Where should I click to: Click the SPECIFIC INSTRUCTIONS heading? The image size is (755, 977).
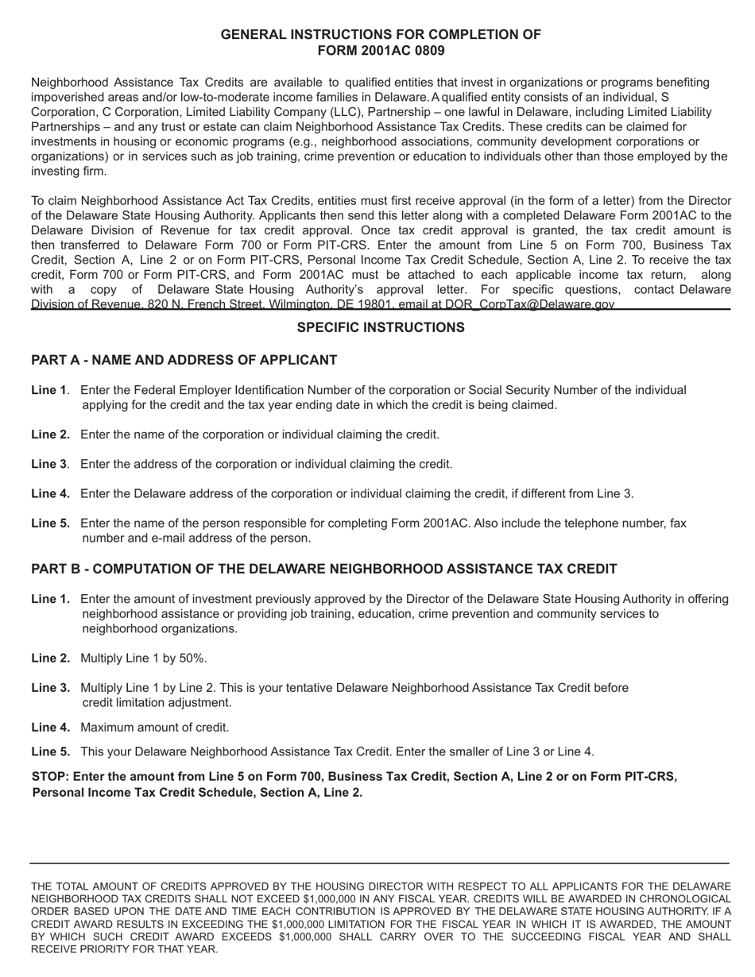point(381,327)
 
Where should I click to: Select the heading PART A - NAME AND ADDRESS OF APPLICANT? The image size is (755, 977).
point(184,361)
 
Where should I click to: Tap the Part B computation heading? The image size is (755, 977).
point(323,569)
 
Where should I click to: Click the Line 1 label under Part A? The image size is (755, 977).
point(49,390)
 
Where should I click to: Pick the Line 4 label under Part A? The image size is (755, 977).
point(50,493)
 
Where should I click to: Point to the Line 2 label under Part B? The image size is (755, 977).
point(50,658)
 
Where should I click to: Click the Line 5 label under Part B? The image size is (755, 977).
point(50,751)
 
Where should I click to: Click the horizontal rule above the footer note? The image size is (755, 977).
point(380,863)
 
